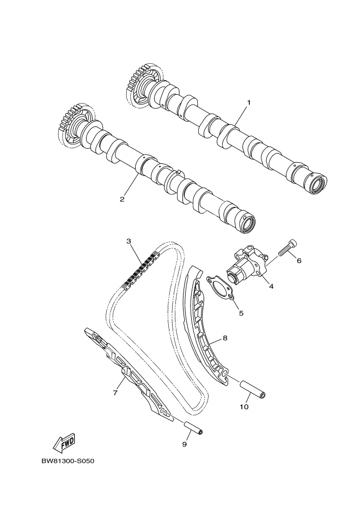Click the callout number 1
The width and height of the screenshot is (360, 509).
(248, 102)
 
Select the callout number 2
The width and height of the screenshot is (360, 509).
(122, 199)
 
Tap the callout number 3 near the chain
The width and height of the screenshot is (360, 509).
(129, 241)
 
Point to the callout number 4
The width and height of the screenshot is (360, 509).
(271, 285)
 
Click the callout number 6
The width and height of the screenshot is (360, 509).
(298, 261)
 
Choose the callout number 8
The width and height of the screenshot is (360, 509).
(225, 338)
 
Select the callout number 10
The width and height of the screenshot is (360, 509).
(244, 406)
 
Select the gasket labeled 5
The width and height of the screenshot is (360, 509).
(219, 289)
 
